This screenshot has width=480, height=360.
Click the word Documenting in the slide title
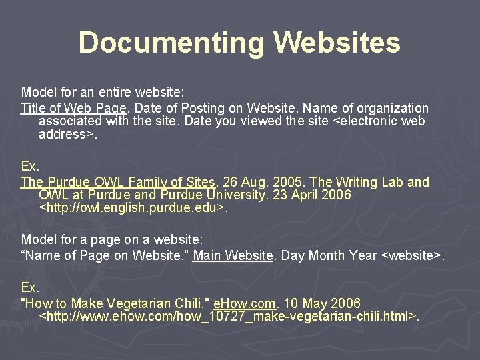[x=172, y=42]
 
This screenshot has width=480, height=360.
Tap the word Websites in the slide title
[x=337, y=42]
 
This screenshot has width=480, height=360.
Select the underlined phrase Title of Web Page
[x=73, y=108]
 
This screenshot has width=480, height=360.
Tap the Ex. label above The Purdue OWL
[x=30, y=165]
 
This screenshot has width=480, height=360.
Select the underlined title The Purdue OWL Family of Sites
[x=118, y=182]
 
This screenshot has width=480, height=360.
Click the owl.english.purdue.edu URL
[x=133, y=209]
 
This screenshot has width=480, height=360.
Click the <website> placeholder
[x=410, y=255]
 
